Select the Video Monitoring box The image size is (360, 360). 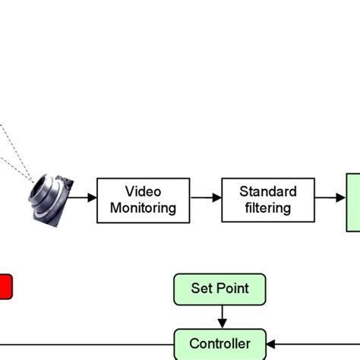(144, 200)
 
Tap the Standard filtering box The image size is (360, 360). (267, 200)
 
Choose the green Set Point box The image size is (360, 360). (220, 289)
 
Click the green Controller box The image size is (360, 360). (220, 344)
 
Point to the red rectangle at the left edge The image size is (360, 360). (5, 287)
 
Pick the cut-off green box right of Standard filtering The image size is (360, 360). (353, 201)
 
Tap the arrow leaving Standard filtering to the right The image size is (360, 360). (330, 199)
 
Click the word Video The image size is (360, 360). (144, 191)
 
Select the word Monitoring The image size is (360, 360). (144, 207)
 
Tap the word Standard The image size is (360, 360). (267, 191)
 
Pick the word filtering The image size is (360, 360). (267, 207)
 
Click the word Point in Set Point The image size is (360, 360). (232, 289)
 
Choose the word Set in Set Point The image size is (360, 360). (201, 289)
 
